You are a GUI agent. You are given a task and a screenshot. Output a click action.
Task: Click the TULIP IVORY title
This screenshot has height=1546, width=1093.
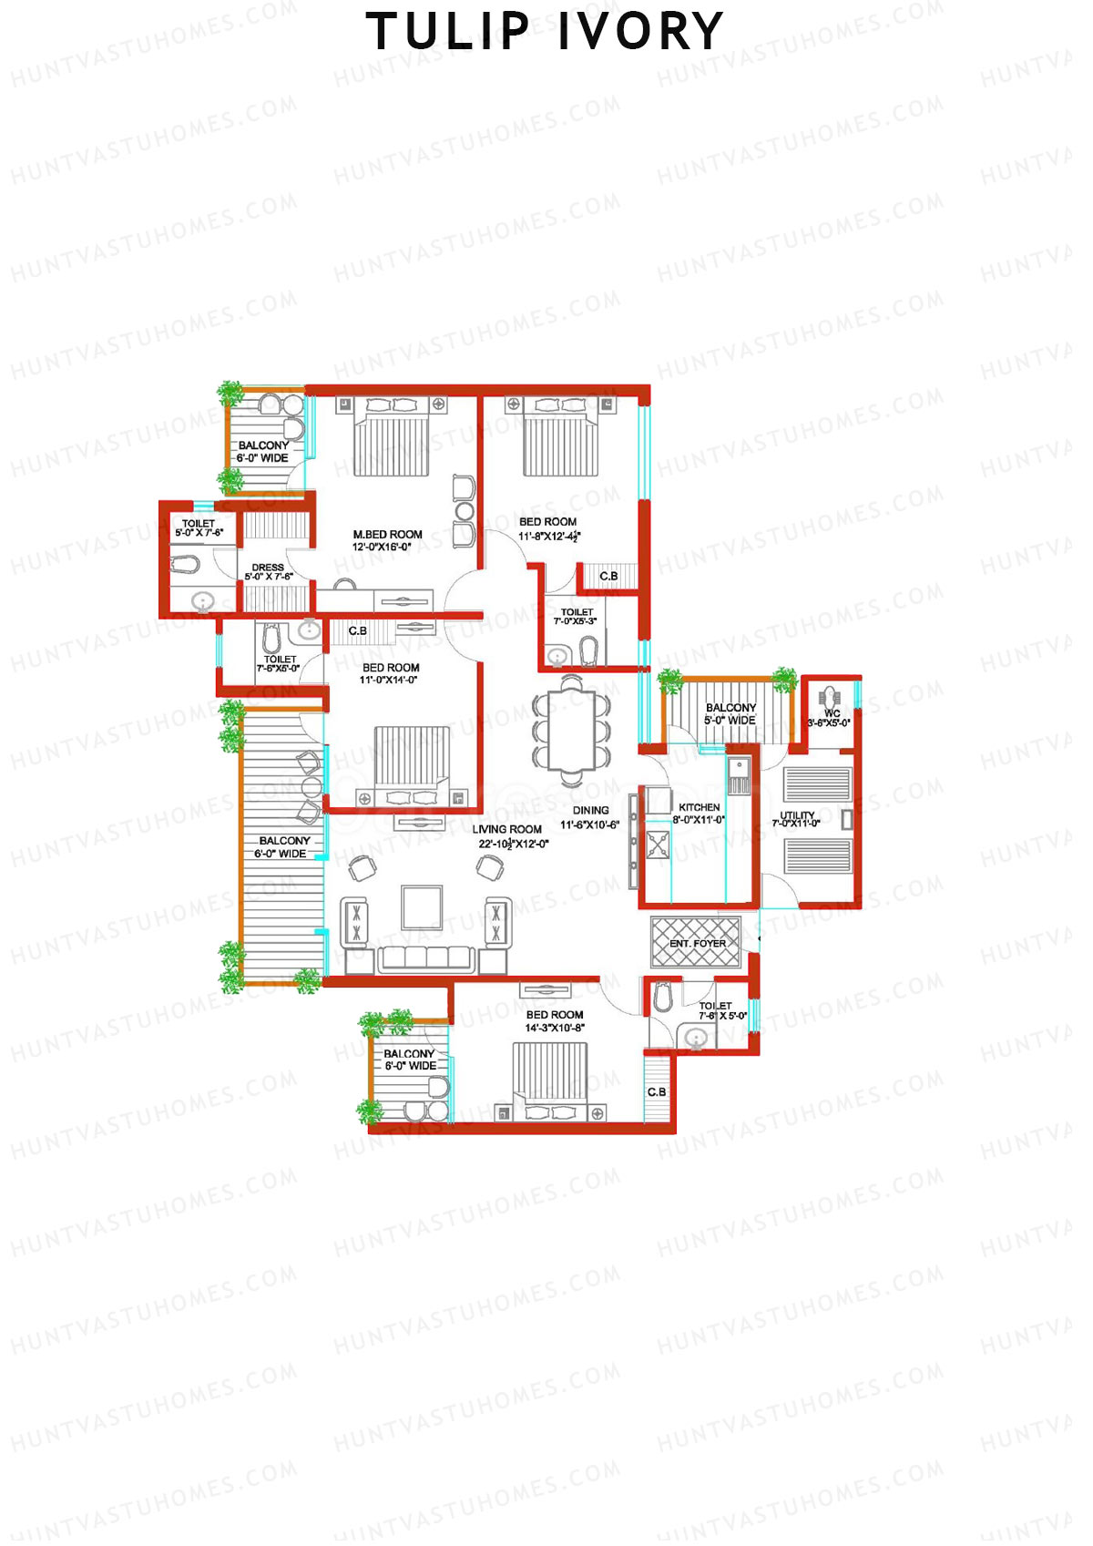pyautogui.click(x=545, y=32)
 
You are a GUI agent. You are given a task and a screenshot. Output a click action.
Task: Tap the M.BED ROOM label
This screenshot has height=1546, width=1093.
pyautogui.click(x=387, y=535)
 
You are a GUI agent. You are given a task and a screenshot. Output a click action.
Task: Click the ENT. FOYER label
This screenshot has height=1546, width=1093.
pyautogui.click(x=698, y=944)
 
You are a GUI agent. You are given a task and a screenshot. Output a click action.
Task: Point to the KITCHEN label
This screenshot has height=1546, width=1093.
pyautogui.click(x=700, y=808)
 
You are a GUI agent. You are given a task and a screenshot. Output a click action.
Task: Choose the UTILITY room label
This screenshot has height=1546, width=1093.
pyautogui.click(x=797, y=815)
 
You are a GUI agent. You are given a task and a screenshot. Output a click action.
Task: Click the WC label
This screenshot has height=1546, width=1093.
pyautogui.click(x=832, y=713)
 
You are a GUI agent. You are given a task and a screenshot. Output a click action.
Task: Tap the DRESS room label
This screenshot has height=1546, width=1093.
pyautogui.click(x=268, y=568)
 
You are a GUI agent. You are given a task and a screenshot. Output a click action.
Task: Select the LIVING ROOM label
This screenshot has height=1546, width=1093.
pyautogui.click(x=506, y=830)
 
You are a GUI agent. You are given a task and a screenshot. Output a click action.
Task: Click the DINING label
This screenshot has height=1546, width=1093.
pyautogui.click(x=591, y=811)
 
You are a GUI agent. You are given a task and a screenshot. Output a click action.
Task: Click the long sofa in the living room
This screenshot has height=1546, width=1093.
pyautogui.click(x=426, y=959)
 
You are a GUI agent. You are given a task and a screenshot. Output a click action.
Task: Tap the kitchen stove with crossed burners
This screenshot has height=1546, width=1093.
pyautogui.click(x=657, y=846)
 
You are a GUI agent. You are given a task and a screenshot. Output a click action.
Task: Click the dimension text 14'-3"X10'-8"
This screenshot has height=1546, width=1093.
pyautogui.click(x=555, y=1029)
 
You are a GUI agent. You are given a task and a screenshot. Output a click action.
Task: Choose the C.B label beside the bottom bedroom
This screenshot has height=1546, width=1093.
pyautogui.click(x=657, y=1091)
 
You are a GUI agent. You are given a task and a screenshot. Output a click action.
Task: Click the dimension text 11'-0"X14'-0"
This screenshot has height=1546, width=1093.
pyautogui.click(x=388, y=681)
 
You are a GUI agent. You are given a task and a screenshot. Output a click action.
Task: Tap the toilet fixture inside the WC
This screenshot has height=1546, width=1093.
pyautogui.click(x=830, y=697)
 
